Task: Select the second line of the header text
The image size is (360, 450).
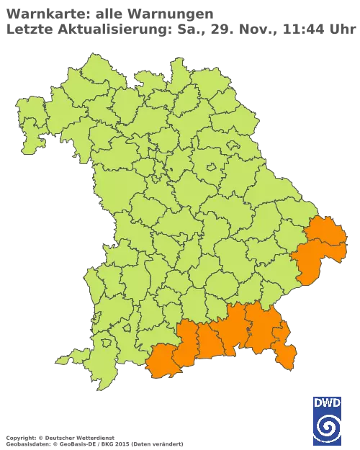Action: (180, 28)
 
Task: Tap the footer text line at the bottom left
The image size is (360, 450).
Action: (94, 438)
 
